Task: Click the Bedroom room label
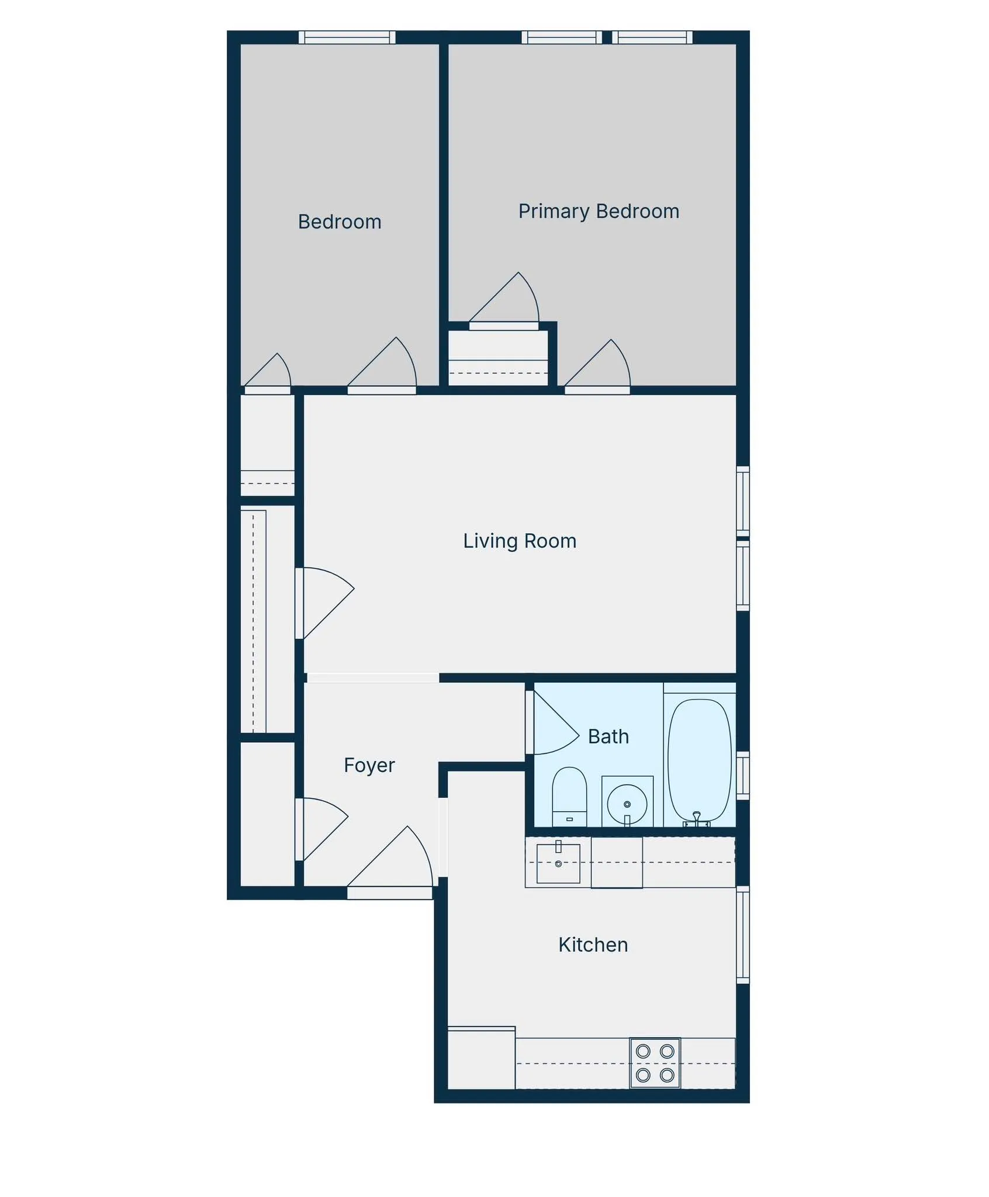[x=339, y=222]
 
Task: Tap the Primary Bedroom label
[x=598, y=212]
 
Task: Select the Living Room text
[x=519, y=541]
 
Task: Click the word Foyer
[x=369, y=766]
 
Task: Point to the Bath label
[x=608, y=737]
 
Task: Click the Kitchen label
[x=593, y=945]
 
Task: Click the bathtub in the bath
[x=699, y=760]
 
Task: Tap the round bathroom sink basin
[x=627, y=804]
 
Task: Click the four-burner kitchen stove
[x=655, y=1063]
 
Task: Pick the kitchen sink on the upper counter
[x=558, y=863]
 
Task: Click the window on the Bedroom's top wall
[x=347, y=37]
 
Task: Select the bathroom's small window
[x=742, y=775]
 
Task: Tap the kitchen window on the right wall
[x=742, y=935]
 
